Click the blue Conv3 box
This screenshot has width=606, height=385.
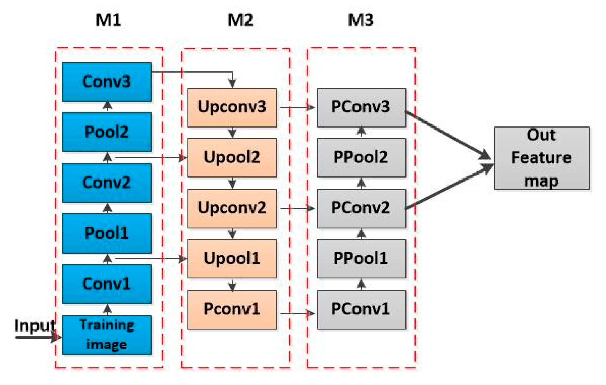click(107, 82)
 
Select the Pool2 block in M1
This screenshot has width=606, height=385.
click(107, 132)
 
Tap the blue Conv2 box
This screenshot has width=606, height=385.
click(107, 183)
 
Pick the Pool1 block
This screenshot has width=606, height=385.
click(107, 233)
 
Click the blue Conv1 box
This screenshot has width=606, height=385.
click(107, 284)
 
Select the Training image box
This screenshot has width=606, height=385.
click(107, 335)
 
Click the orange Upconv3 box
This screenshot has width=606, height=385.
click(232, 107)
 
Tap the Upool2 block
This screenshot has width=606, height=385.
click(232, 157)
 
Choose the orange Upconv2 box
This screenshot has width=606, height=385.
click(232, 208)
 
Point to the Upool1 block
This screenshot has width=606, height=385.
click(232, 259)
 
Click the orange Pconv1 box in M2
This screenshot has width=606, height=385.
click(232, 309)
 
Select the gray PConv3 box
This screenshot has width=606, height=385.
click(361, 107)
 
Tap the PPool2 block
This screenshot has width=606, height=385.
click(361, 157)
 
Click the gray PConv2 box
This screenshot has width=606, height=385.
click(361, 208)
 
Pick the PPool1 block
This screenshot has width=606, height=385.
click(361, 259)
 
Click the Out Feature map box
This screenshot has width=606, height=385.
click(542, 158)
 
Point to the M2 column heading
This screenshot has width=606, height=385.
click(240, 20)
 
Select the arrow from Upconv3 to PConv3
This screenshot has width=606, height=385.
click(297, 107)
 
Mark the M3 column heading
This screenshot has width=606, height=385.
click(361, 20)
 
